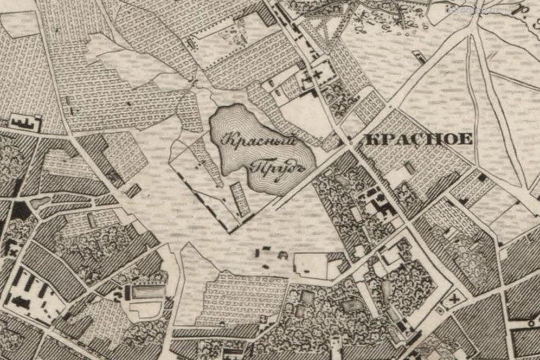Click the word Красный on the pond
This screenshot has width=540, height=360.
point(260,142)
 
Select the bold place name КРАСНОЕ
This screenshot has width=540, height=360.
point(419,139)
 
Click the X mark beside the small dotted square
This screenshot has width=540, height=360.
point(454,297)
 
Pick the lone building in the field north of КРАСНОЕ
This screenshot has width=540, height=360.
point(418,56)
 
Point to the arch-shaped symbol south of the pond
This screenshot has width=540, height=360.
point(282,254)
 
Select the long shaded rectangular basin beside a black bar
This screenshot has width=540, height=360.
point(148,292)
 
